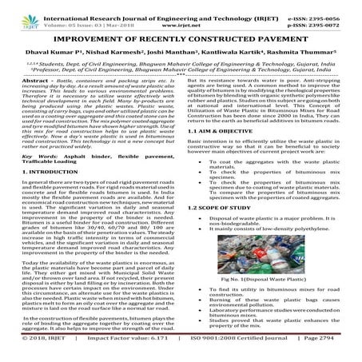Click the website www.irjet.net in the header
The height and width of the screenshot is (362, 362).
point(183,14)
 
